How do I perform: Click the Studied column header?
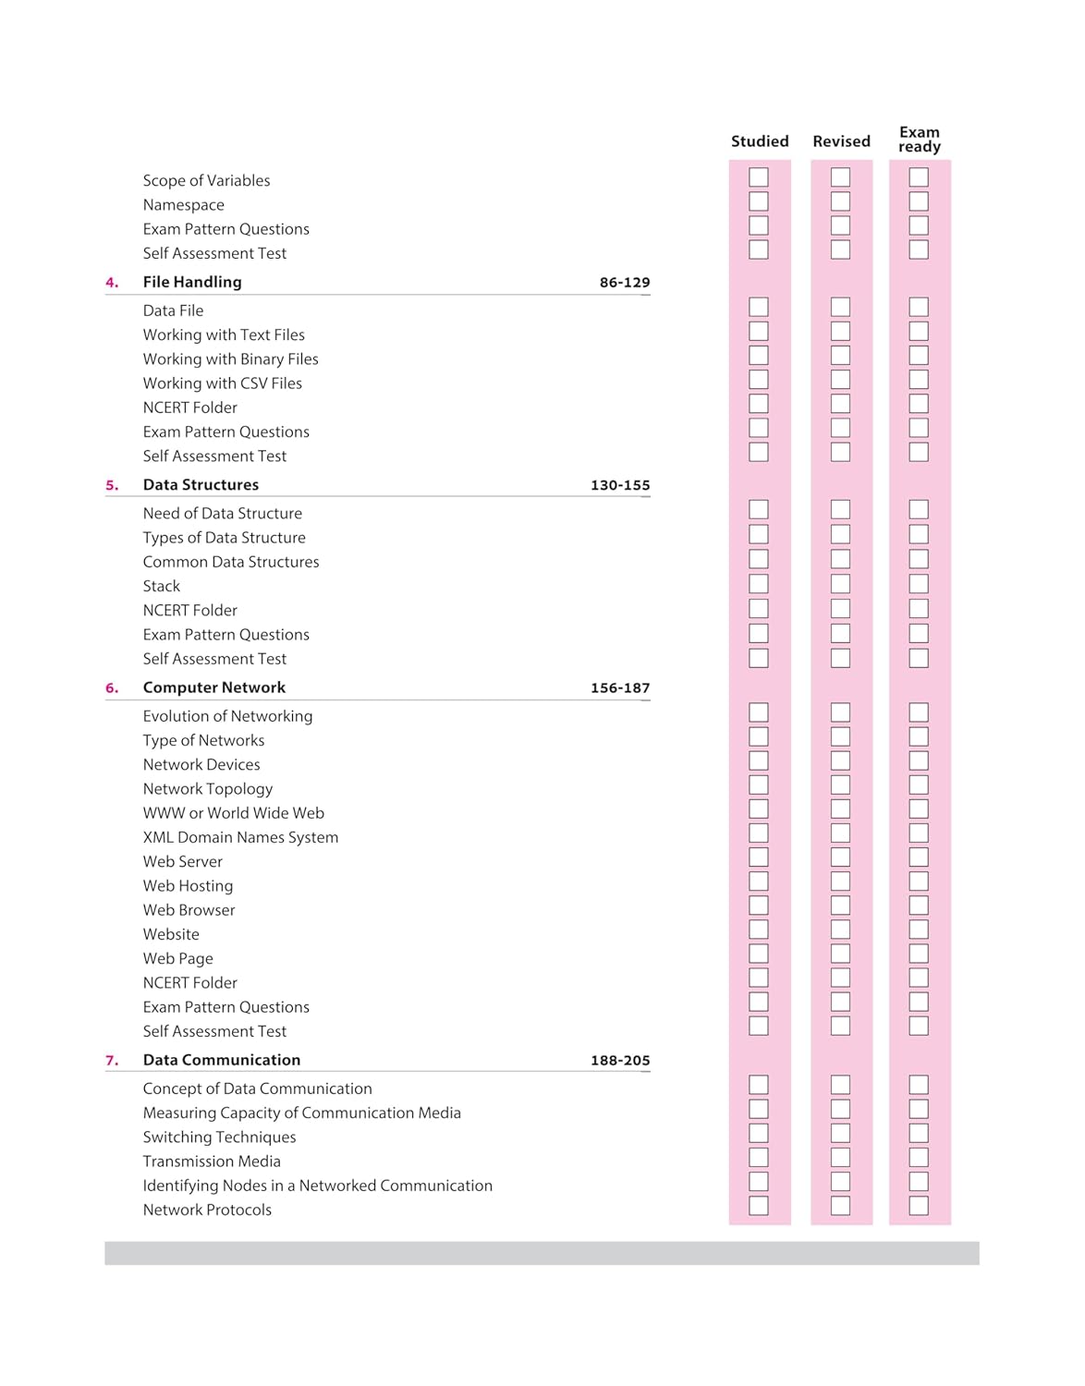pos(760,141)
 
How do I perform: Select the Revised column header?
pos(841,141)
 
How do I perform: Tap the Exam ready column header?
pos(919,140)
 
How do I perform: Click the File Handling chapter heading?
pos(192,282)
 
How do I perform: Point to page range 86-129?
pos(625,283)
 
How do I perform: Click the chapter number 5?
pos(112,485)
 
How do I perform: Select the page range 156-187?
pos(620,688)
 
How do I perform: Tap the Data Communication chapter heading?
pos(222,1060)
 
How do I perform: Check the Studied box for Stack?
pos(759,584)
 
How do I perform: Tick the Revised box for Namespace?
pos(840,201)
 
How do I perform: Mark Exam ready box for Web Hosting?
pos(919,881)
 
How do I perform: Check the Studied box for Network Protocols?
pos(759,1206)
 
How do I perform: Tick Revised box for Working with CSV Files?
pos(840,380)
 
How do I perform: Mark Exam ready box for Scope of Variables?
pos(919,177)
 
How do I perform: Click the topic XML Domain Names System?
pos(240,837)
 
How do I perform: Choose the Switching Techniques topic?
pos(219,1137)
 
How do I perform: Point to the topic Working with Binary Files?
pos(230,359)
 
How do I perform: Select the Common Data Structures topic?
pos(231,562)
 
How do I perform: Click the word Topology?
pos(240,789)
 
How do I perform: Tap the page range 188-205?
pos(620,1061)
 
